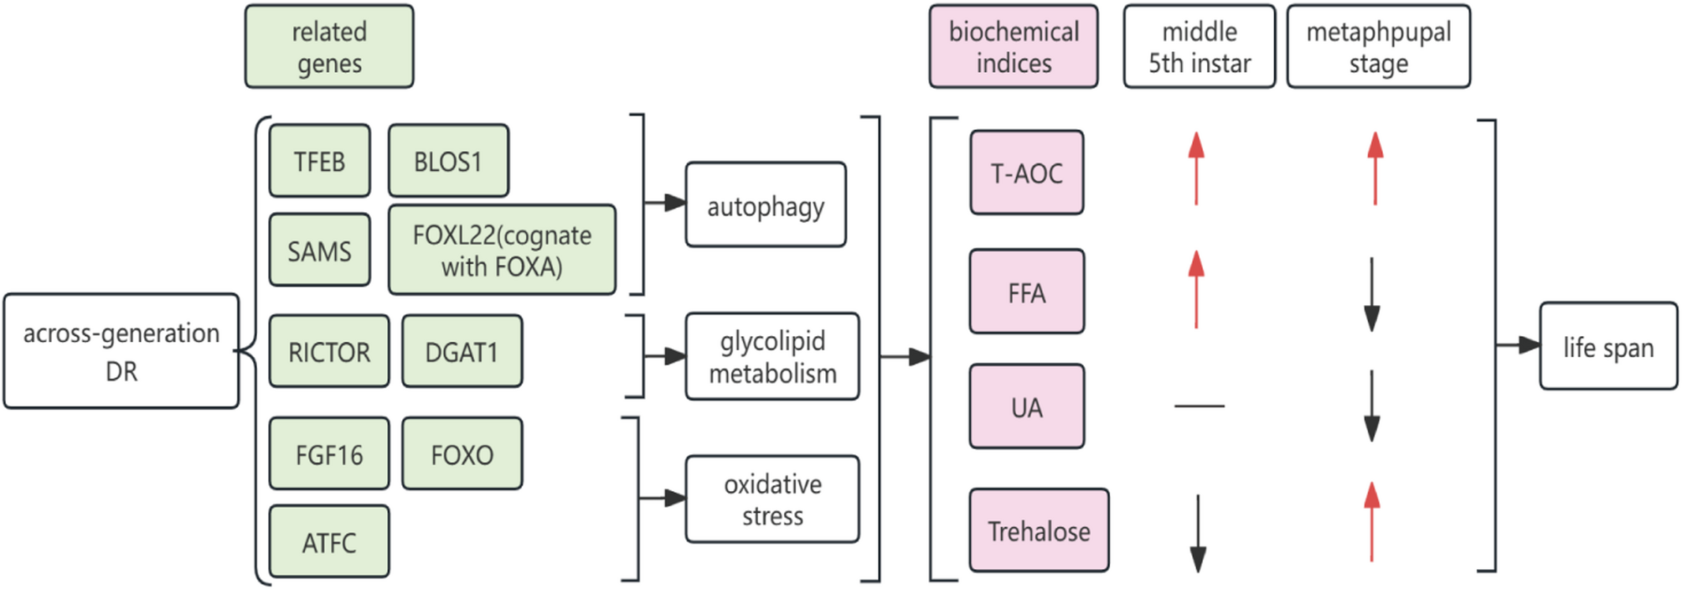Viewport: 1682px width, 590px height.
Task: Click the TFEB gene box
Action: point(319,161)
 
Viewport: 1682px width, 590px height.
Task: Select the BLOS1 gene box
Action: point(448,161)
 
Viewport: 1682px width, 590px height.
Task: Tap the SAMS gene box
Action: point(319,251)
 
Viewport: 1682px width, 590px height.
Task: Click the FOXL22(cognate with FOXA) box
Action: point(502,250)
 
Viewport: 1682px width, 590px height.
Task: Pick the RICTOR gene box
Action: point(329,352)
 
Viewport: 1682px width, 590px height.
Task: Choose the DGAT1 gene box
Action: point(462,352)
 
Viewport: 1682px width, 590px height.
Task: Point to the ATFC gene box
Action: point(329,542)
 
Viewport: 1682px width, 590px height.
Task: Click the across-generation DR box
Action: point(121,351)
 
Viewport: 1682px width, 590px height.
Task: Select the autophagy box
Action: point(766,205)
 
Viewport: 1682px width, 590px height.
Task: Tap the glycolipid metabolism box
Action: point(772,357)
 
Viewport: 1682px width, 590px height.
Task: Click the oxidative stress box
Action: point(772,499)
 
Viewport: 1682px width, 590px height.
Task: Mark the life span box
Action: point(1608,347)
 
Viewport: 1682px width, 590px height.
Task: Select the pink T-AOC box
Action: point(1027,173)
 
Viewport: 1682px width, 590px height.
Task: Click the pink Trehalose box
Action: point(1039,530)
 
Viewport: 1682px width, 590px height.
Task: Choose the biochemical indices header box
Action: point(1014,47)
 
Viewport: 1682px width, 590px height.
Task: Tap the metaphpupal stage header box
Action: point(1378,47)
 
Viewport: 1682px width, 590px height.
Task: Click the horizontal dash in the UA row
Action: point(1200,406)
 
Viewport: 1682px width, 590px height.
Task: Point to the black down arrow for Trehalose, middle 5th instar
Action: point(1198,534)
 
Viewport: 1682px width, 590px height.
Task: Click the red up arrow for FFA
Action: point(1196,289)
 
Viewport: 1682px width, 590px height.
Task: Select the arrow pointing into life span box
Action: point(1518,344)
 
